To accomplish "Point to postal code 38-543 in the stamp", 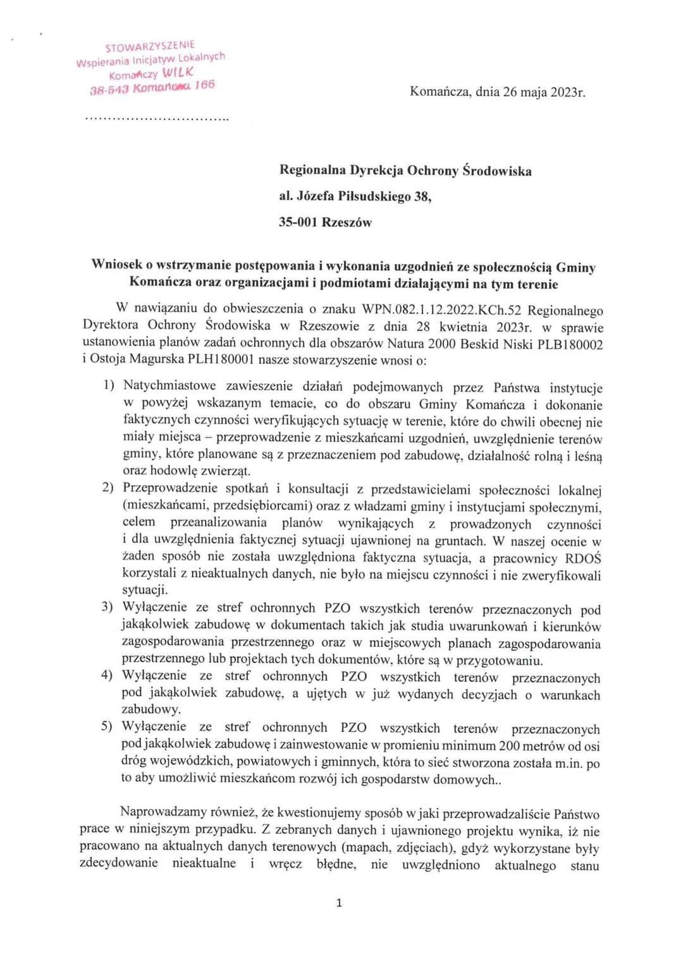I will click(109, 88).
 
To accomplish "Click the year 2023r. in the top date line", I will click(568, 92).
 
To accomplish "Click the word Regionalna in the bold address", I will click(312, 171).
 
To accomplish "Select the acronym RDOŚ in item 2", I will click(583, 558).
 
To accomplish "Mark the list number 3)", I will click(107, 608).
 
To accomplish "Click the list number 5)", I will click(107, 727).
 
